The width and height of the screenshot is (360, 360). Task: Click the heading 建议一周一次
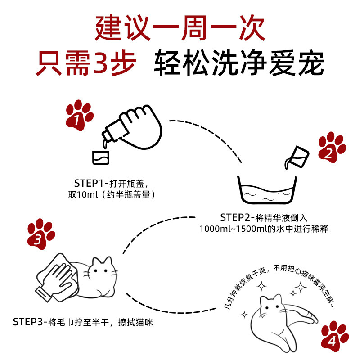(180, 28)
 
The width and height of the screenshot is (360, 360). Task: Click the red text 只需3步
(85, 64)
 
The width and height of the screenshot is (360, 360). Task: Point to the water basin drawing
(266, 193)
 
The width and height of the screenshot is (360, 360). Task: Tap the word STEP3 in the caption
(27, 322)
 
